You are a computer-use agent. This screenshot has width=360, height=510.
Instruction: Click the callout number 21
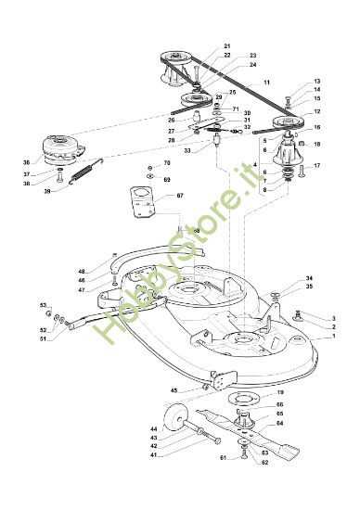pos(227,45)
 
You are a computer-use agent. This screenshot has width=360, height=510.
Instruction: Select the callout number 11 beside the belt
pos(266,83)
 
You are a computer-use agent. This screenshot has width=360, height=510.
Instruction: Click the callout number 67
pos(180,196)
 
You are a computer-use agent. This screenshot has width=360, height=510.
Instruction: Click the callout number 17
pos(316,166)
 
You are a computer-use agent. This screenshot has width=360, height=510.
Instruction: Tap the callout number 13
pos(316,82)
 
